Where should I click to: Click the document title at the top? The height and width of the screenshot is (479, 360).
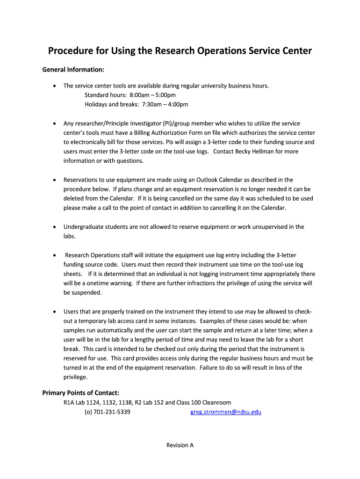(x=180, y=51)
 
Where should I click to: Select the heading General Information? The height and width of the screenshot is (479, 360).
(x=73, y=70)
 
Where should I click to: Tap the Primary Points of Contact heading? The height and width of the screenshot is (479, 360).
(x=81, y=392)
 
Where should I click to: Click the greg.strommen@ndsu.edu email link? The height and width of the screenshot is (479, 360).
(x=226, y=412)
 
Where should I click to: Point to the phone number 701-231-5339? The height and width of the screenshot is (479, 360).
(x=112, y=412)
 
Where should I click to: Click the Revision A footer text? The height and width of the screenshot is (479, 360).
(x=180, y=445)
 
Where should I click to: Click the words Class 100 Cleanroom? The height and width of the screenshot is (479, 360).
(x=204, y=402)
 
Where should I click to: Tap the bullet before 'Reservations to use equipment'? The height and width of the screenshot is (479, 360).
(x=55, y=180)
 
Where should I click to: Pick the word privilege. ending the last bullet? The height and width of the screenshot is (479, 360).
(x=75, y=377)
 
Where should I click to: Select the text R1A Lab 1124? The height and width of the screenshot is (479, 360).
(x=80, y=402)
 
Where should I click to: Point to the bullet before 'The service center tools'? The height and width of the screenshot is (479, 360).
(x=55, y=86)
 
